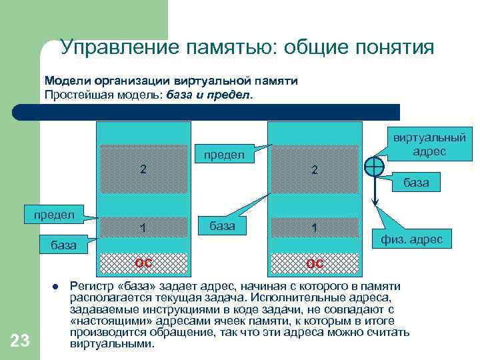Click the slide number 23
(x=20, y=341)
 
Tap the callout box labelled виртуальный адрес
(x=429, y=145)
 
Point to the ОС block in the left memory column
(x=143, y=263)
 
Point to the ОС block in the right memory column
(x=315, y=263)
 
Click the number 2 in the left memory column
(x=143, y=169)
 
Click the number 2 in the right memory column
(x=315, y=170)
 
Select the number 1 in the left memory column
(x=143, y=229)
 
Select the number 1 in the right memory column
(x=315, y=229)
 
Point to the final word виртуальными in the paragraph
(x=111, y=345)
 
